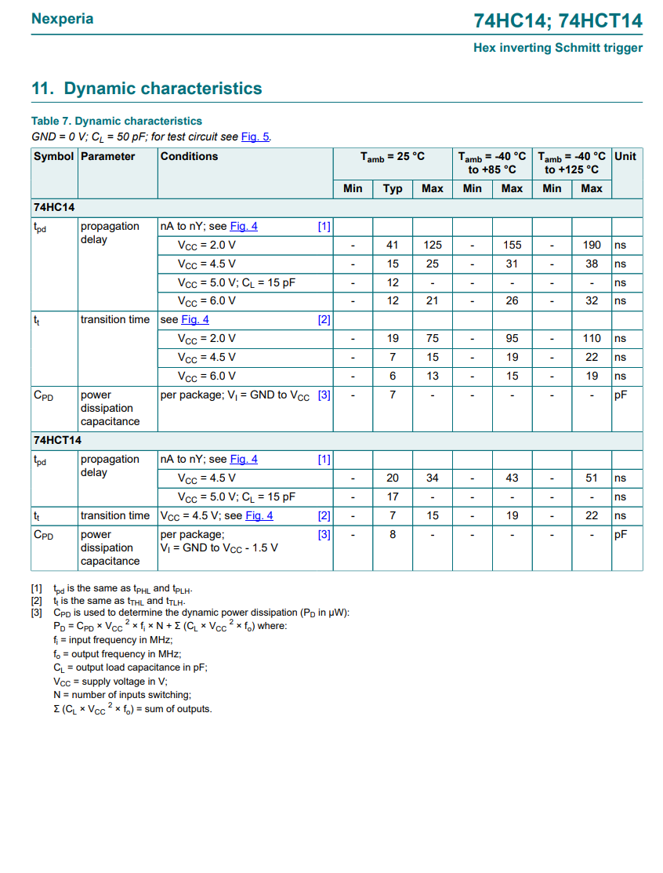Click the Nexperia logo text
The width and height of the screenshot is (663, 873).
click(62, 19)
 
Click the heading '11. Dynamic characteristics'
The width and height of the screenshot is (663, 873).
click(147, 89)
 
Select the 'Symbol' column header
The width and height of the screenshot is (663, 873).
click(53, 156)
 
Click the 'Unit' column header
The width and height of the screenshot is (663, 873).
click(625, 156)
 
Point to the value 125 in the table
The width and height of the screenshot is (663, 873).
click(433, 245)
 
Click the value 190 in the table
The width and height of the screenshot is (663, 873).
click(592, 245)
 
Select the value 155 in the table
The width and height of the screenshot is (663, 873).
click(512, 245)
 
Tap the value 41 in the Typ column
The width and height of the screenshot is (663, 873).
click(393, 245)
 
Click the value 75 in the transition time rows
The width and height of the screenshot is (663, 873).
click(433, 338)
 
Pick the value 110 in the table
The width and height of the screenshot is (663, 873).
click(592, 338)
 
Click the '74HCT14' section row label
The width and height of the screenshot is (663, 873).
click(57, 440)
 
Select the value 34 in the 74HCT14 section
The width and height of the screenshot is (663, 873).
click(433, 478)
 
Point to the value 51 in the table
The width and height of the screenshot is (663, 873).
click(592, 478)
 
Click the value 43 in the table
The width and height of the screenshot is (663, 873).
click(512, 478)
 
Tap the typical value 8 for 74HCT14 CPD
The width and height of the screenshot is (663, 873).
click(393, 534)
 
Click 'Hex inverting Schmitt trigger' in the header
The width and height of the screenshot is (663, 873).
click(557, 48)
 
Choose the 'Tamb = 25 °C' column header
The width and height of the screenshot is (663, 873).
click(393, 156)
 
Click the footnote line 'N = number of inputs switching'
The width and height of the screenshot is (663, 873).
click(122, 695)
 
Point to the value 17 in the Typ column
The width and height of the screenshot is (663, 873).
click(393, 497)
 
